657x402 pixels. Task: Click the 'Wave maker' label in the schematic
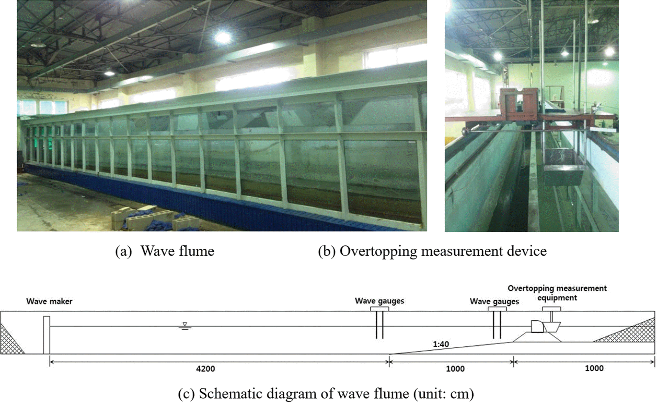tap(49, 301)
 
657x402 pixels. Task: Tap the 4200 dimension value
tap(205, 369)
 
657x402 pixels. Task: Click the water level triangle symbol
tap(185, 326)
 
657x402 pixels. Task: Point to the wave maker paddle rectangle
tap(47, 335)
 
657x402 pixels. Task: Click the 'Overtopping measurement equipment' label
tap(557, 293)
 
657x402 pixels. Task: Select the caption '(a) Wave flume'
tap(165, 251)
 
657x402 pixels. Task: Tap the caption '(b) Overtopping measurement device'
tap(432, 251)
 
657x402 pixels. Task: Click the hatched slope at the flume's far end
tap(627, 330)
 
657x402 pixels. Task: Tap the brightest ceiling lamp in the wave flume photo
tap(223, 37)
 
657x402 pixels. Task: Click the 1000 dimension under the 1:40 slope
tap(455, 369)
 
